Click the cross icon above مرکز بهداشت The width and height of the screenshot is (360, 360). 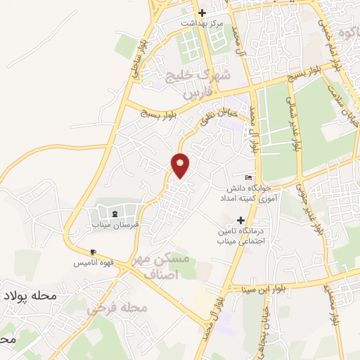pos(202,13)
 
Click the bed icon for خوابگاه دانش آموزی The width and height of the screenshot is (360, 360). pos(247,177)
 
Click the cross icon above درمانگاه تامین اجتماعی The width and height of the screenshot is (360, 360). pos(241,220)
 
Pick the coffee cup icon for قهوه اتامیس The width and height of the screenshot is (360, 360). pos(93,252)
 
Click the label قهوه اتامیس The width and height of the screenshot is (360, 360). pos(93,263)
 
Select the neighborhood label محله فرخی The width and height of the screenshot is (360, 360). pos(117,308)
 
